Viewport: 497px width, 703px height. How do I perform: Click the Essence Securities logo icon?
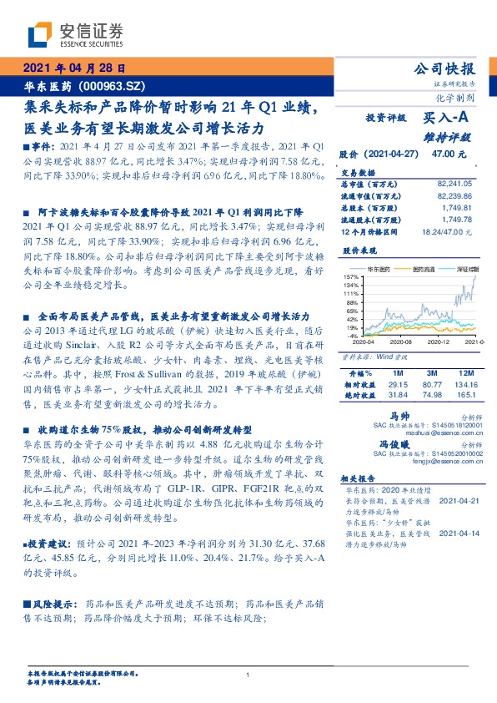[x=40, y=34]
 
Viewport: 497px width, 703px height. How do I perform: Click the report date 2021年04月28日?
[x=74, y=68]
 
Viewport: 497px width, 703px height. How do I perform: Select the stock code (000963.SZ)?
[x=110, y=85]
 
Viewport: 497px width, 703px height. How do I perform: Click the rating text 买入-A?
[x=447, y=119]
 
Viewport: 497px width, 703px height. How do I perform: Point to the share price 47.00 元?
[x=449, y=154]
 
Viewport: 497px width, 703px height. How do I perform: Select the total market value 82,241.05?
[x=454, y=182]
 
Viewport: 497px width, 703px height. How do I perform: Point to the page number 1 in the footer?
[x=248, y=675]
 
